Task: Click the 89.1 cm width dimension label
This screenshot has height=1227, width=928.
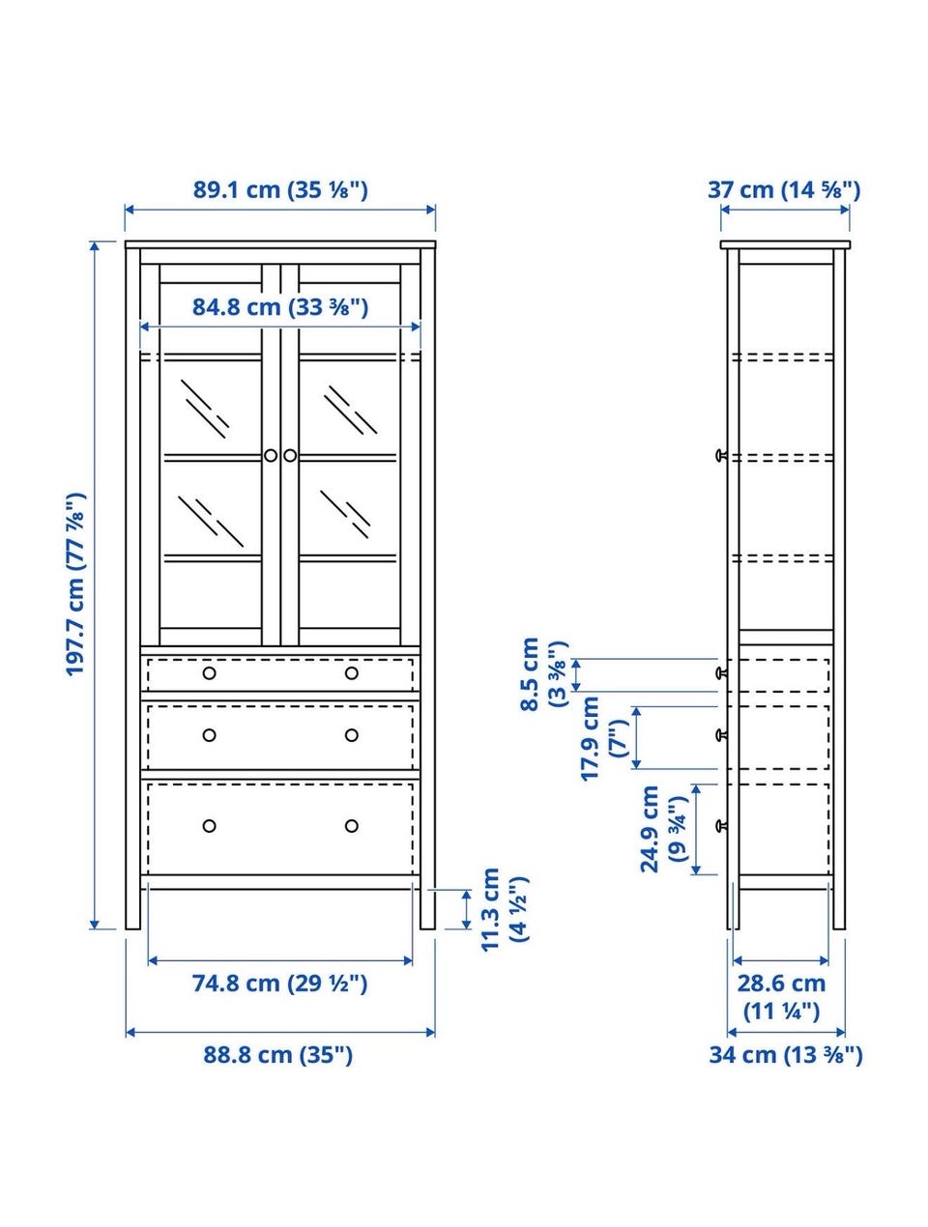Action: pyautogui.click(x=280, y=190)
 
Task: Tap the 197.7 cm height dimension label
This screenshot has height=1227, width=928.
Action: pyautogui.click(x=76, y=585)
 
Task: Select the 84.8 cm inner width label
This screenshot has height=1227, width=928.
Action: pyautogui.click(x=280, y=307)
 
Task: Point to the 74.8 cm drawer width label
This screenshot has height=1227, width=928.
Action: pyautogui.click(x=280, y=984)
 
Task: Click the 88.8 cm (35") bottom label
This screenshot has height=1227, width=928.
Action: pyautogui.click(x=277, y=1055)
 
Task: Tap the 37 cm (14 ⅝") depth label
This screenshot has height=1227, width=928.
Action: pyautogui.click(x=784, y=190)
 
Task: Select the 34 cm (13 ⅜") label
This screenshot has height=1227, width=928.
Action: pyautogui.click(x=786, y=1055)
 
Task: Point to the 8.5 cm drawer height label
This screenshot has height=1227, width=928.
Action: pyautogui.click(x=544, y=674)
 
